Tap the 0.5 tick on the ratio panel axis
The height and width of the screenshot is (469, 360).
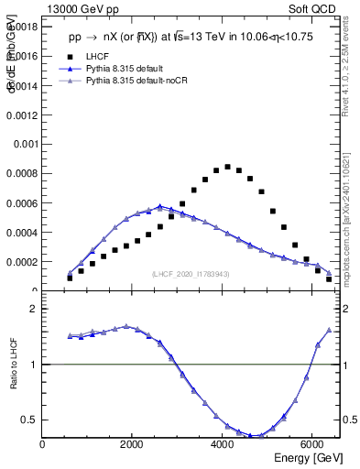point(30,420)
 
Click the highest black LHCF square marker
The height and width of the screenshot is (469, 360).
point(227,167)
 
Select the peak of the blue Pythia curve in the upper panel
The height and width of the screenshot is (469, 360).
point(159,207)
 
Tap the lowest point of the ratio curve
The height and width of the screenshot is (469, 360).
point(261,436)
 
